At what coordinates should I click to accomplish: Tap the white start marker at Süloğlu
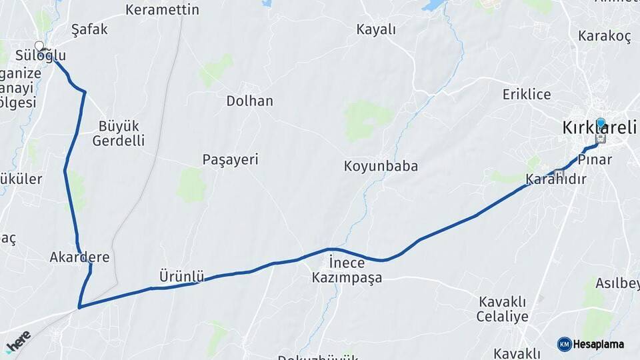pyautogui.click(x=39, y=46)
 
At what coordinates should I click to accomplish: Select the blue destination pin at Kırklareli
pyautogui.click(x=601, y=123)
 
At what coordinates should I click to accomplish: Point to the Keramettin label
pyautogui.click(x=162, y=10)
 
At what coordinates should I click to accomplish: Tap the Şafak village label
pyautogui.click(x=89, y=30)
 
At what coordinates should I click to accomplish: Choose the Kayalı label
pyautogui.click(x=376, y=30)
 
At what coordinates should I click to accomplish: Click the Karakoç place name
pyautogui.click(x=605, y=37)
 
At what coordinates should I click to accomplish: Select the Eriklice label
pyautogui.click(x=527, y=94)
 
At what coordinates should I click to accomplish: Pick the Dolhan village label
pyautogui.click(x=249, y=101)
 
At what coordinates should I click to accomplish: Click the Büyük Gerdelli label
pyautogui.click(x=119, y=133)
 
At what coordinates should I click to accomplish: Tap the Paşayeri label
pyautogui.click(x=230, y=160)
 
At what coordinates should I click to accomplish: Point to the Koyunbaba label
pyautogui.click(x=381, y=166)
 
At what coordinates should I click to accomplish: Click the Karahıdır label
pyautogui.click(x=555, y=180)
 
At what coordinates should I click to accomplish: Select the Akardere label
pyautogui.click(x=79, y=257)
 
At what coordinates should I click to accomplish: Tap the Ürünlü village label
pyautogui.click(x=181, y=275)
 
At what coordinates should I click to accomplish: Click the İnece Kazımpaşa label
pyautogui.click(x=347, y=270)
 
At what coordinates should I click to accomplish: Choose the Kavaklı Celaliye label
pyautogui.click(x=502, y=309)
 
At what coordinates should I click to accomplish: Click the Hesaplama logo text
pyautogui.click(x=598, y=344)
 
